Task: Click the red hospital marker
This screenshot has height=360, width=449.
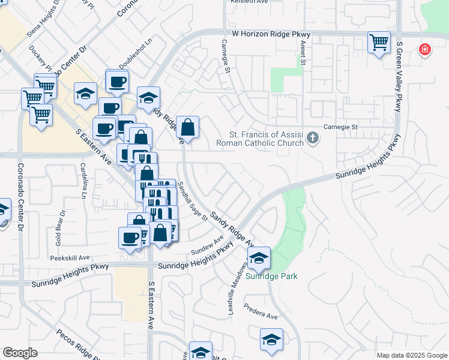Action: click(x=425, y=49)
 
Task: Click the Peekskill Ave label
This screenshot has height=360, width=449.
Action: click(x=70, y=257)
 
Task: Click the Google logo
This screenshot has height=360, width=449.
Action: click(x=20, y=353)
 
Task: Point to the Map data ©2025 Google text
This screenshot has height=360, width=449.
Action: click(x=411, y=355)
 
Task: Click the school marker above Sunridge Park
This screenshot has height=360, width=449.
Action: click(x=259, y=258)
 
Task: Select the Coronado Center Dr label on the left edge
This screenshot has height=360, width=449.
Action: click(x=20, y=198)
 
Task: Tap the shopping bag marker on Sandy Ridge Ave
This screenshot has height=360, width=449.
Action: click(x=187, y=127)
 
